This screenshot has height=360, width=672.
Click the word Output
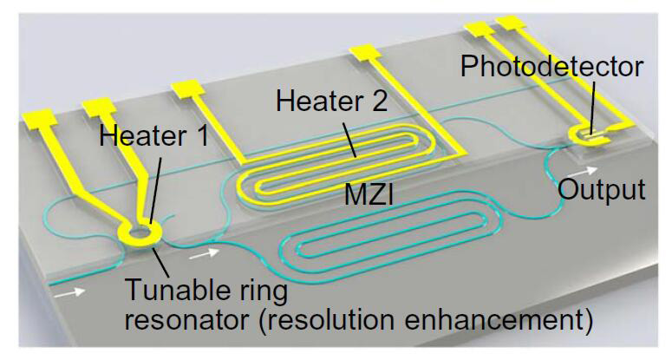[601, 189]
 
